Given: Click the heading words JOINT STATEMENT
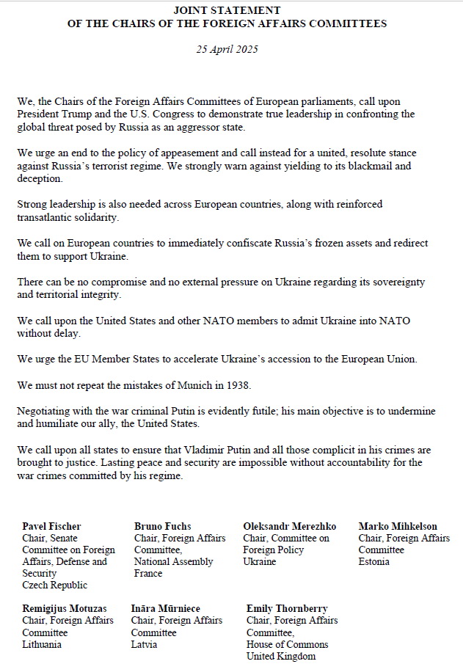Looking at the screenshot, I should [227, 11].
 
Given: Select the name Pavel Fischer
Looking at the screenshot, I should [51, 526].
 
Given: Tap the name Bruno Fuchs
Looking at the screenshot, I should [162, 526].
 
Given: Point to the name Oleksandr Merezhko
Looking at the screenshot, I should [290, 526].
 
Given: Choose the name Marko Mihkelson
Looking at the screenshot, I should [398, 526].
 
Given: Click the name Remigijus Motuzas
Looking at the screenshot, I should [65, 609].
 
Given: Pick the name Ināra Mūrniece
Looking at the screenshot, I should [166, 609].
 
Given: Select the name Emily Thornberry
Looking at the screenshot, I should [287, 609].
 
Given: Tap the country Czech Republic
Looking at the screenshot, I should [55, 585].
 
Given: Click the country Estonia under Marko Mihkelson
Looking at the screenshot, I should [374, 562].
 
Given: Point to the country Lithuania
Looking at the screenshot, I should [42, 644].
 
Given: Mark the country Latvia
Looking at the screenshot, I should [144, 644].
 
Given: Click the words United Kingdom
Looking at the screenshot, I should [280, 657].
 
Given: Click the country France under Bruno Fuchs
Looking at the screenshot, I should [148, 574].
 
